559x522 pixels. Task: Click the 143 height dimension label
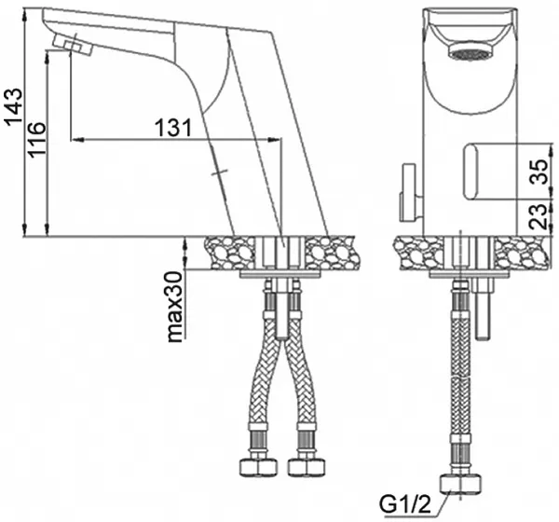pos(15,106)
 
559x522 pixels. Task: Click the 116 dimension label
pos(37,140)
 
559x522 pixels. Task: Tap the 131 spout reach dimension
pos(173,127)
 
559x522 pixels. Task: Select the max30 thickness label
pos(175,307)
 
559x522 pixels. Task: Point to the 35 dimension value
pos(538,172)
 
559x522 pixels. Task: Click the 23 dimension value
pos(538,216)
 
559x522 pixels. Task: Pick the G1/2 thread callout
pos(405,504)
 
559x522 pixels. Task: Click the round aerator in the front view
pos(469,50)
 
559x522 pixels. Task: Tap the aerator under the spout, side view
pos(72,46)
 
